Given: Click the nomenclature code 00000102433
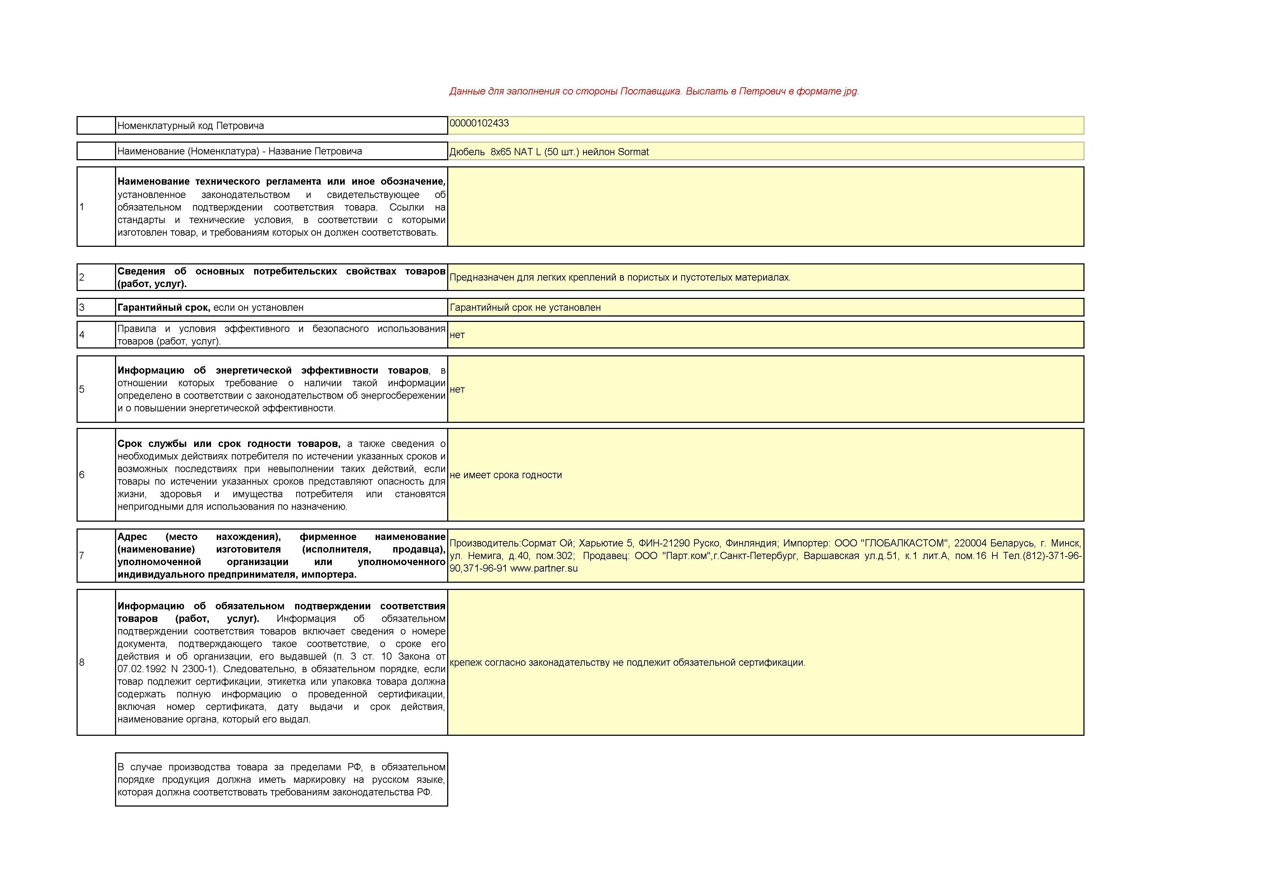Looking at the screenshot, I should point(479,123).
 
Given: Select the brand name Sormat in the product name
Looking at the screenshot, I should point(633,152).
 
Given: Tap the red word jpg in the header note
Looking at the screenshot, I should point(850,91).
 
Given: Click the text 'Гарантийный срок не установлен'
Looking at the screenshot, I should point(525,308).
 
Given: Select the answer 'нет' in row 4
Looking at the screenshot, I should point(457,335).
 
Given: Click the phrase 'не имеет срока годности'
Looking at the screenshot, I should point(506,475).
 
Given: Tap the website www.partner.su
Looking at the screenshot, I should point(544,568).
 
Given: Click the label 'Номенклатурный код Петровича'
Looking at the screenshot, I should point(191,126).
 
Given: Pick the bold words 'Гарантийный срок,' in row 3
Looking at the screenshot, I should point(164,308).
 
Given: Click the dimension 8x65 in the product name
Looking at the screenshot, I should point(500,152).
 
